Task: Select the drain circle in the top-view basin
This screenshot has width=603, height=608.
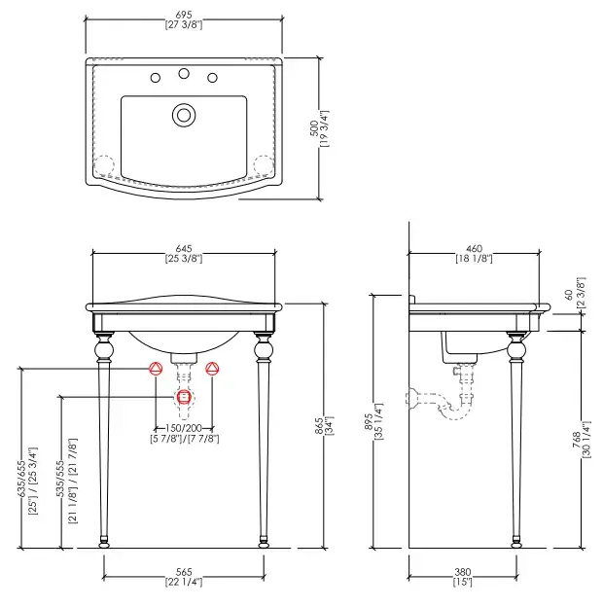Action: pos(183,115)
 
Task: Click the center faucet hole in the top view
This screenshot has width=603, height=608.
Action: pos(183,73)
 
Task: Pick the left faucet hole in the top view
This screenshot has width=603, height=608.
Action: pos(155,78)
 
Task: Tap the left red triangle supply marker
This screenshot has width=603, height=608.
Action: pos(155,369)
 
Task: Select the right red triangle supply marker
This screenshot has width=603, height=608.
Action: pos(214,369)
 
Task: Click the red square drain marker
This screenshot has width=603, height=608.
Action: pos(184,397)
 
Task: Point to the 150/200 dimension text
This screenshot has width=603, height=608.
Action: pos(184,428)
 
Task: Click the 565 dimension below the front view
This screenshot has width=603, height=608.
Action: pos(184,573)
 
